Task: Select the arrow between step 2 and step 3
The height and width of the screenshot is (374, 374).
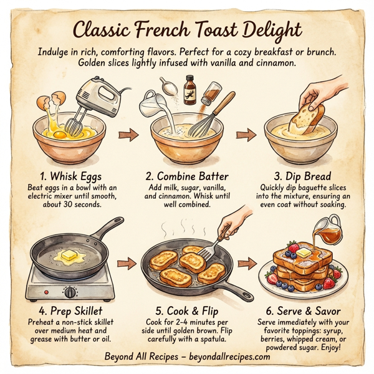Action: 246,135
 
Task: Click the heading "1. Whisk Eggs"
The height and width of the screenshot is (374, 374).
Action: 70,176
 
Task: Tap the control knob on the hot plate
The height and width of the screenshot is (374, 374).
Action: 71,291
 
